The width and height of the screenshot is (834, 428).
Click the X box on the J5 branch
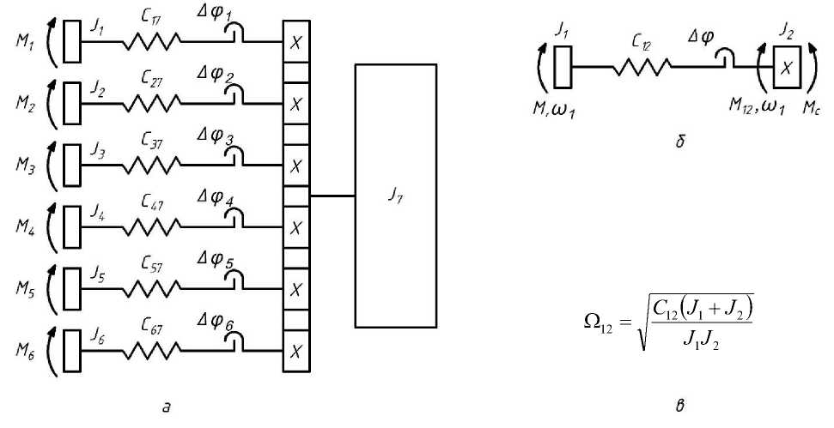(x=295, y=288)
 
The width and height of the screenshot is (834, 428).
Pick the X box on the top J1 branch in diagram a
(x=295, y=42)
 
